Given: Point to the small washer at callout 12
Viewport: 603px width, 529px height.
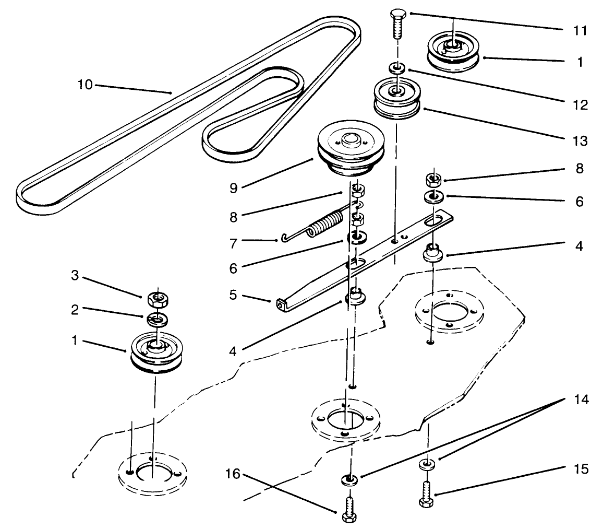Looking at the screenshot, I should coord(397,68).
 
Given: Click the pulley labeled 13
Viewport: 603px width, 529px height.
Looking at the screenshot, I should coord(397,100).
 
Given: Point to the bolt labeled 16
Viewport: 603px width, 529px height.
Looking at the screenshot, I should coord(349,507).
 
